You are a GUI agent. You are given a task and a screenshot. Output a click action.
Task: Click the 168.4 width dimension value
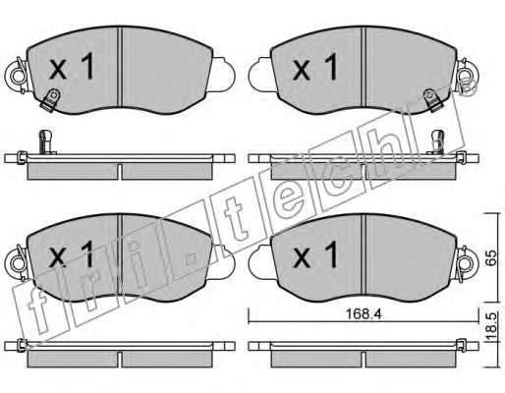pos(364,314)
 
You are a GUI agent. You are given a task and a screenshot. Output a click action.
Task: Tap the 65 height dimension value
pos(491,257)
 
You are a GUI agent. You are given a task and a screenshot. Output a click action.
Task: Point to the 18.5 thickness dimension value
pos(491,327)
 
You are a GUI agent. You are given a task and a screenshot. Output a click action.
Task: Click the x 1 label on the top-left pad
pos(72,67)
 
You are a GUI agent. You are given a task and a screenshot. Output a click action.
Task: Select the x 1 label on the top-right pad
pos(315,67)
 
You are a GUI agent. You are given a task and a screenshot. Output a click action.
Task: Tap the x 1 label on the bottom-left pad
pos(71,253)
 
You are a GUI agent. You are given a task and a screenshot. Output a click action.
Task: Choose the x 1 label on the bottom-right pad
pos(315,254)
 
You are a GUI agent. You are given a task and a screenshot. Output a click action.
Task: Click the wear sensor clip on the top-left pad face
pos(51,100)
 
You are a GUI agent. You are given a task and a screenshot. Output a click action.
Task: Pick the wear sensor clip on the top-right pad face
pos(432,100)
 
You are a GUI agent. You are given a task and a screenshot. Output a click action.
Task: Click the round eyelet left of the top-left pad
pos(16,76)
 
